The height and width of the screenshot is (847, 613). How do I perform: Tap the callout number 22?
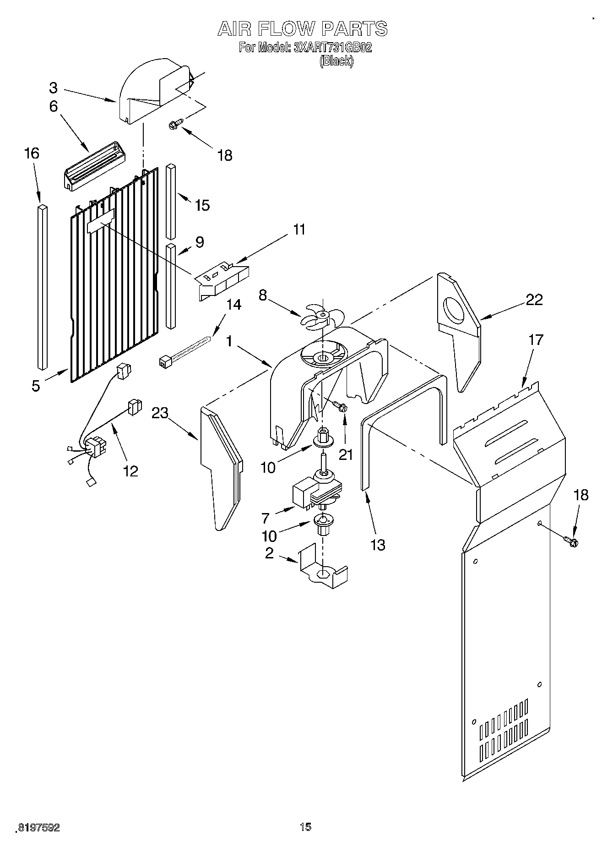(x=534, y=300)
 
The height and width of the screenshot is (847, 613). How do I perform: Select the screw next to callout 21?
(x=339, y=406)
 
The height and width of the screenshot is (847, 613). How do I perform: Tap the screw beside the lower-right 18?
(x=572, y=541)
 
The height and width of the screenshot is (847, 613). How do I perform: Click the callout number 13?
(x=378, y=545)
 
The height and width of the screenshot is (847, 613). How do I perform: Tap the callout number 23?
(x=160, y=413)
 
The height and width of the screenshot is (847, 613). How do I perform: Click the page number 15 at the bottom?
(x=305, y=827)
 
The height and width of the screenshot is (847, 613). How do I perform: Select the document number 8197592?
(x=38, y=828)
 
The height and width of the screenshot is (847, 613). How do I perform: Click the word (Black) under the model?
(x=336, y=61)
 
